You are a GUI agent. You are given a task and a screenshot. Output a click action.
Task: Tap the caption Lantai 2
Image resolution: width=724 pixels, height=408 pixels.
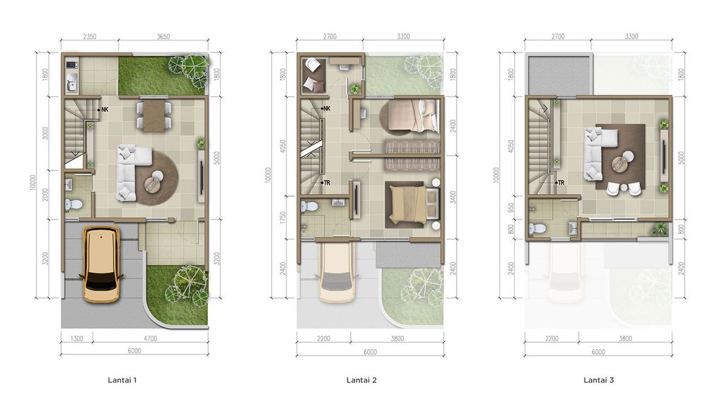(x=361, y=380)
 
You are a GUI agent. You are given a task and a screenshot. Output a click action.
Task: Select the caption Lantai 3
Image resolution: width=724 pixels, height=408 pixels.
(x=599, y=380)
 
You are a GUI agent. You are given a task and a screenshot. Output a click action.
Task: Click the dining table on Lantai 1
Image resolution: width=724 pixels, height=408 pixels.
(x=154, y=116)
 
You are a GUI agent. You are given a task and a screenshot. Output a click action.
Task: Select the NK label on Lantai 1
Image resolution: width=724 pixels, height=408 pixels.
(x=104, y=110)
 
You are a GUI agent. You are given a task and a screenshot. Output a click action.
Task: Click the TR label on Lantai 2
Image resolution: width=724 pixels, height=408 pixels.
(x=326, y=183)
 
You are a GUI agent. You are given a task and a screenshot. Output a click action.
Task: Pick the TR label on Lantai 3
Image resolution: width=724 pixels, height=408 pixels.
(x=560, y=183)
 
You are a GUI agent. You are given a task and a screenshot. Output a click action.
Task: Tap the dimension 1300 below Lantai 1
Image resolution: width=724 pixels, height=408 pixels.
(x=77, y=339)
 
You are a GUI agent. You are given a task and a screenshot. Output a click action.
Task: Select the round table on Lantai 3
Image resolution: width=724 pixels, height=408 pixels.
(x=623, y=161)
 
